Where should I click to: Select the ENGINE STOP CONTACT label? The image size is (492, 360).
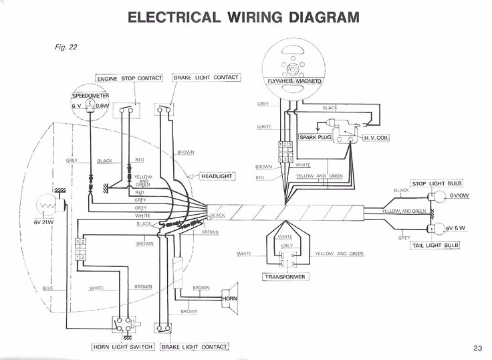(x=129, y=78)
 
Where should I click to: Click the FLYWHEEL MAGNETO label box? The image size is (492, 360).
(x=295, y=81)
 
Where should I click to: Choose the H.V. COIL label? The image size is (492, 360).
(x=375, y=137)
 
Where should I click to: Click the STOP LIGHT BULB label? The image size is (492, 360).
(x=438, y=183)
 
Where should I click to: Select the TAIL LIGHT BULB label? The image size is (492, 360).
(x=437, y=246)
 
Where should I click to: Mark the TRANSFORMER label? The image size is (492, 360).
(x=285, y=275)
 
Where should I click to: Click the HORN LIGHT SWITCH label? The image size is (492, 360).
(x=124, y=347)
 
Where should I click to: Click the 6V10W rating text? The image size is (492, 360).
(x=460, y=195)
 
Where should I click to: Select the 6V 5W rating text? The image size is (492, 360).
(x=458, y=228)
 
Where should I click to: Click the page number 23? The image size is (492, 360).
(x=477, y=347)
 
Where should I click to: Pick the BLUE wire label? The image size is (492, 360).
(x=47, y=288)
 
